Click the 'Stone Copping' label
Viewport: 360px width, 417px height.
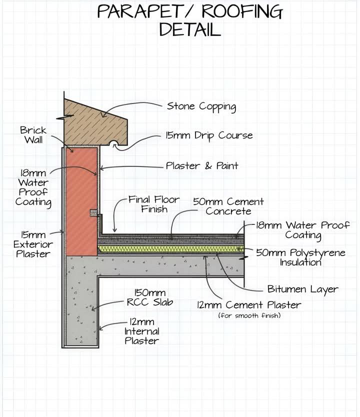[x=201, y=106]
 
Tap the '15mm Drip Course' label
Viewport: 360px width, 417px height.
[x=209, y=135]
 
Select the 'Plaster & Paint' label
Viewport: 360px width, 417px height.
[x=202, y=165]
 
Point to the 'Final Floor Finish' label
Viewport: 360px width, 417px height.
[x=154, y=204]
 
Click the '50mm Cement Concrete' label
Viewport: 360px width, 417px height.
[x=228, y=206]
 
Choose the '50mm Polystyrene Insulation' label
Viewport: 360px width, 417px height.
[x=300, y=257]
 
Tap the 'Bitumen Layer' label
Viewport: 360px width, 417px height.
[x=303, y=289]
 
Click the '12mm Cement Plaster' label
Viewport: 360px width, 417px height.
[x=249, y=305]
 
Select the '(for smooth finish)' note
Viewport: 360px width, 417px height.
[x=249, y=315]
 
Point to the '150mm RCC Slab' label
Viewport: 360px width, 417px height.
[x=150, y=297]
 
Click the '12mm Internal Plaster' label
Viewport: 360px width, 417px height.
[x=141, y=331]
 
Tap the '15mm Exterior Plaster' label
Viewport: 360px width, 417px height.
[x=33, y=244]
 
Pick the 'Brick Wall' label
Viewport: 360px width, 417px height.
[x=33, y=135]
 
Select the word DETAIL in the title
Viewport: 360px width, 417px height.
[x=190, y=29]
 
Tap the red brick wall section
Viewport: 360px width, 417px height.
[x=81, y=201]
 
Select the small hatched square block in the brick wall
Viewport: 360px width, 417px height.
[x=93, y=213]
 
